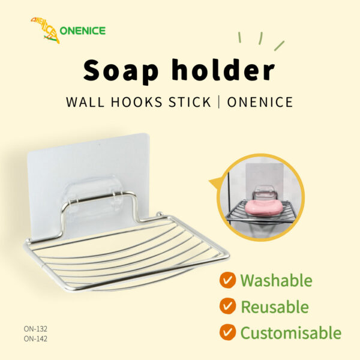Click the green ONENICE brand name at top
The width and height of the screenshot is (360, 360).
[x=83, y=31]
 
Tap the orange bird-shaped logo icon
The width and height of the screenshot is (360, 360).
[x=46, y=30]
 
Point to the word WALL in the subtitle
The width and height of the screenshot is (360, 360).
[x=85, y=102]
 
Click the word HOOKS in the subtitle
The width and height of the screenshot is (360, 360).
[x=137, y=102]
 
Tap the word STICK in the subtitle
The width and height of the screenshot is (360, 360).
[x=190, y=102]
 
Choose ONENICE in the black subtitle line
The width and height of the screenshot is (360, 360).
[x=260, y=102]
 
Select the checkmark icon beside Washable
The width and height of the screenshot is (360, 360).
[x=227, y=280]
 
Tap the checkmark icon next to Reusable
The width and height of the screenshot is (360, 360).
[x=227, y=306]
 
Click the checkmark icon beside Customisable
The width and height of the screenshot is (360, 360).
[x=227, y=332]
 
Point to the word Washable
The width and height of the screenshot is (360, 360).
[x=276, y=280]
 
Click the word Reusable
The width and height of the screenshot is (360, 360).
[x=275, y=307]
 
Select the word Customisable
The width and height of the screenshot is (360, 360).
[x=291, y=332]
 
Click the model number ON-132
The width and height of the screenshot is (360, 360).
[x=35, y=329]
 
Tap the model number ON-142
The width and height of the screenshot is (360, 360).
[x=35, y=338]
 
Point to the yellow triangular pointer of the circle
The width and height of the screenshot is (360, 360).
[x=215, y=183]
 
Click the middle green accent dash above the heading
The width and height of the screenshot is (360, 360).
[x=260, y=38]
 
